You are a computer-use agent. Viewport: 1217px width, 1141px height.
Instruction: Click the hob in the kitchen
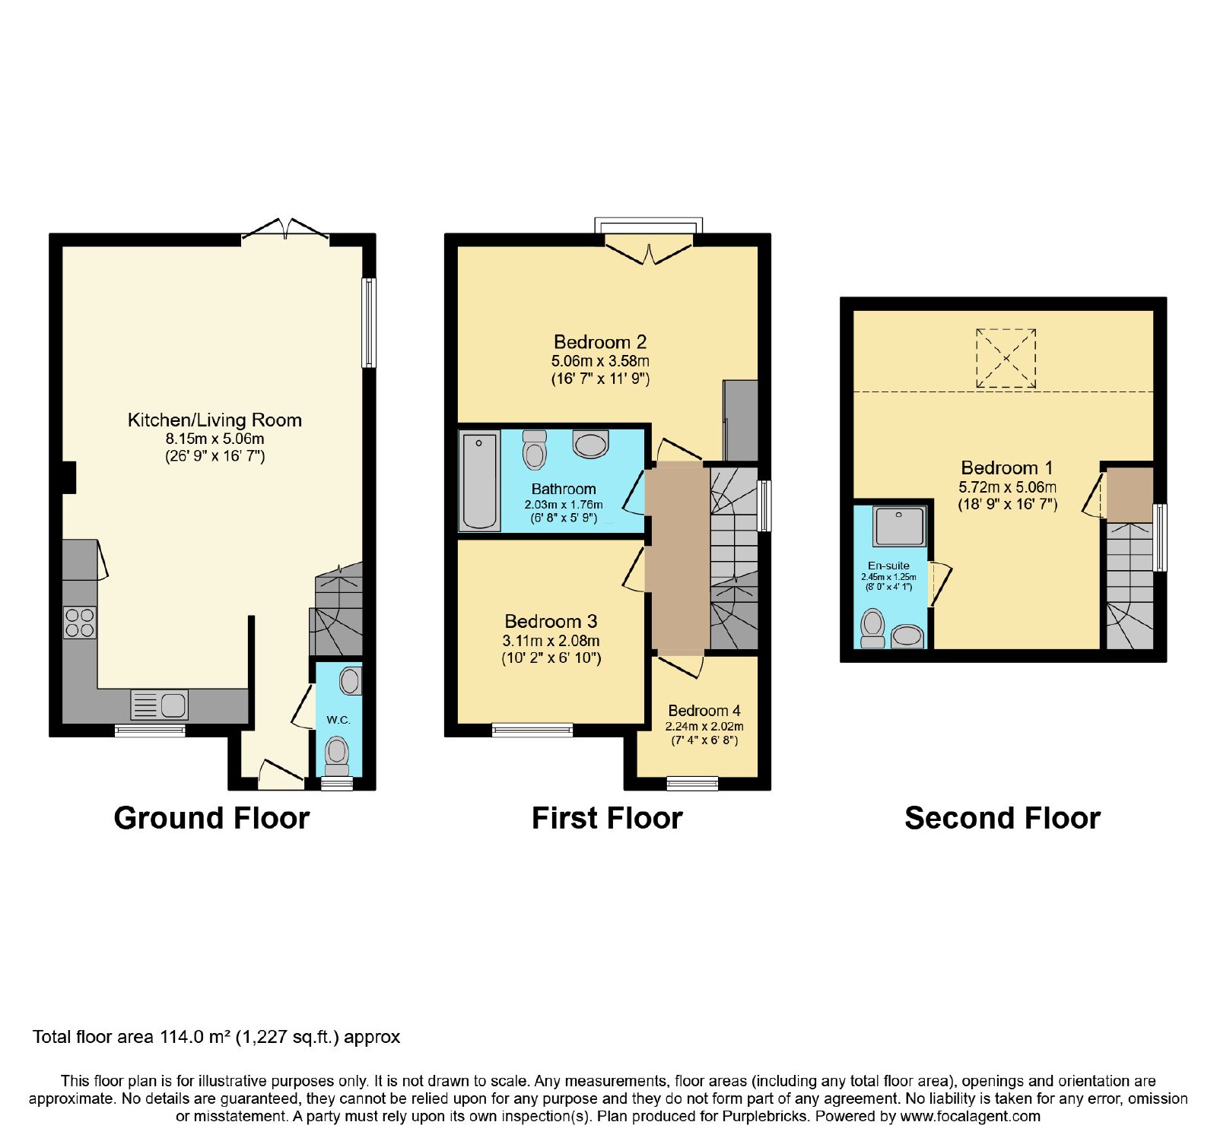point(80,623)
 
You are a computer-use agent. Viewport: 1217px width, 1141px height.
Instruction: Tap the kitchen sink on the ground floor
point(159,705)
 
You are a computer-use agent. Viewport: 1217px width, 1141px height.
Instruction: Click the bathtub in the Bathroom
point(479,480)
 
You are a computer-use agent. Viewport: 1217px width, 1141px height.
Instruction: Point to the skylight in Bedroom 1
point(1006,358)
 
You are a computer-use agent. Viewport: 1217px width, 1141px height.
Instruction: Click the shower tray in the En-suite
point(900,526)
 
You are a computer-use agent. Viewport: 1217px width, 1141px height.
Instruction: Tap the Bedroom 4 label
point(704,711)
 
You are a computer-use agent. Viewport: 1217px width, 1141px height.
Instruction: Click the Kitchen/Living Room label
point(214,420)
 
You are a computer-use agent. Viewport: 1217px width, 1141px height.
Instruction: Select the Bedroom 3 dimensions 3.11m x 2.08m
point(551,641)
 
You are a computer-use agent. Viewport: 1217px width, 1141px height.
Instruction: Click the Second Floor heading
point(1003,818)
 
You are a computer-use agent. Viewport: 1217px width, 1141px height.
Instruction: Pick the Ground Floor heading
point(211,818)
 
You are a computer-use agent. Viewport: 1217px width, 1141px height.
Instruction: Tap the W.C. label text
point(338,720)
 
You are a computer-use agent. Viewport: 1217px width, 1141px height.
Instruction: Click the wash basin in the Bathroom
point(590,444)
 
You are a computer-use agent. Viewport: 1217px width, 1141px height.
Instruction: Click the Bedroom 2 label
point(600,342)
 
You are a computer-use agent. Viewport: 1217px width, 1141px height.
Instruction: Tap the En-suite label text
point(888,566)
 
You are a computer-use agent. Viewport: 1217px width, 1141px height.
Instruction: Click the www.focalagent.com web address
point(971,1117)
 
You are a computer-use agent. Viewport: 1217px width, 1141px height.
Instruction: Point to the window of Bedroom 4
point(692,783)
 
